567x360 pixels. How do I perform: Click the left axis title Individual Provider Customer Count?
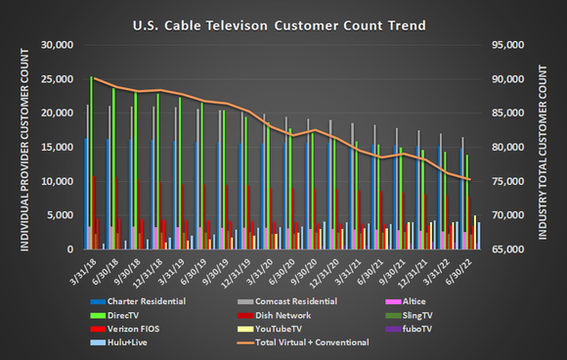click(14, 147)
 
